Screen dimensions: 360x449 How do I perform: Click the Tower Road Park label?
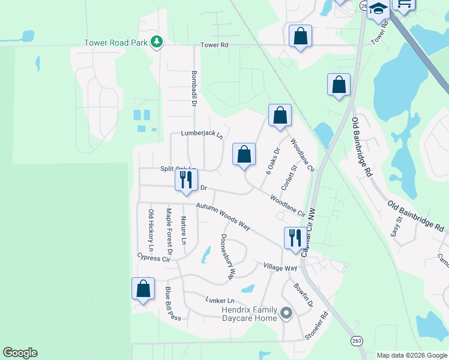pos(116,43)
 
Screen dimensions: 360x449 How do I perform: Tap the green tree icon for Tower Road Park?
pos(157,42)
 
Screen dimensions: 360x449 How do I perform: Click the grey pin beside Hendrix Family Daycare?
pos(286,313)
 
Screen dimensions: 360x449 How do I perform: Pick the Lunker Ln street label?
pos(218,300)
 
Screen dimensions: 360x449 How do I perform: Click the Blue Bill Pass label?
pos(173,304)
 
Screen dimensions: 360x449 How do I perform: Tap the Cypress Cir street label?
pos(154,258)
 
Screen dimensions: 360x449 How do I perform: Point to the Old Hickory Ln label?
pos(151,230)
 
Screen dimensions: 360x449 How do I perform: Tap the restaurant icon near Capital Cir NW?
pos(294,237)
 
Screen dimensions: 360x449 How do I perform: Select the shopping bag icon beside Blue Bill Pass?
pos(143,289)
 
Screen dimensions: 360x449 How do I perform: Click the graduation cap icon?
pos(379,9)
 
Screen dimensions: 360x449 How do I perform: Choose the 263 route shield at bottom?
pos(357,340)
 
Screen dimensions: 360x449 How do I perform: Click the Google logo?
pos(20,353)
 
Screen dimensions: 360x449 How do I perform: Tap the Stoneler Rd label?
pos(317,326)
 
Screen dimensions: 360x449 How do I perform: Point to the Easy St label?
pos(396,227)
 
